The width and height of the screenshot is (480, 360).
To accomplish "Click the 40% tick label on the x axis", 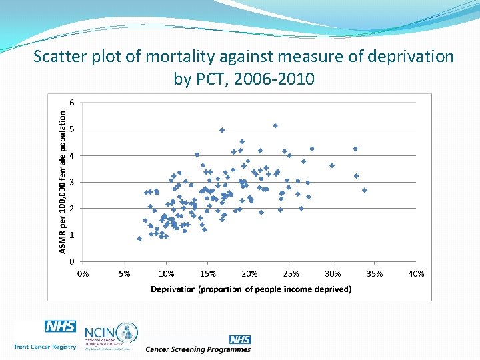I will click(x=416, y=273).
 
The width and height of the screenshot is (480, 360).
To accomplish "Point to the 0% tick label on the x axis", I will click(x=83, y=273).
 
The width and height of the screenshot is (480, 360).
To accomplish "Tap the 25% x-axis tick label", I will click(x=291, y=273).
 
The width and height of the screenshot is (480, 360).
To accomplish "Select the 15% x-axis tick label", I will click(x=208, y=273).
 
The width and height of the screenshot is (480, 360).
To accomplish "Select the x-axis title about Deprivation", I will click(x=251, y=289).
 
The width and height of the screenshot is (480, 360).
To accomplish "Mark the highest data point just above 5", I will click(x=275, y=125).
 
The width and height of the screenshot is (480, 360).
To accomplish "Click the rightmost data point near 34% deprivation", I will click(x=365, y=190).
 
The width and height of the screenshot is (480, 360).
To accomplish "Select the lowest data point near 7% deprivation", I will click(x=139, y=238).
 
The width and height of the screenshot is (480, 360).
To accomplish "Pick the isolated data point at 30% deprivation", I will click(x=332, y=165).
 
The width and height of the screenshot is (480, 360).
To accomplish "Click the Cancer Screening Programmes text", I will click(x=198, y=349).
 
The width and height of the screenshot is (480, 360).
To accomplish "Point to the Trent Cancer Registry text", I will click(x=45, y=347).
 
